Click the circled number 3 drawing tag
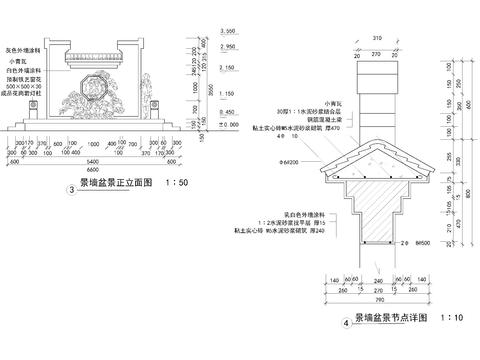click(x=71, y=190)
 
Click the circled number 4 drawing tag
click(x=346, y=323)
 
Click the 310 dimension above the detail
click(x=375, y=38)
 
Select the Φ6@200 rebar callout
click(x=292, y=159)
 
